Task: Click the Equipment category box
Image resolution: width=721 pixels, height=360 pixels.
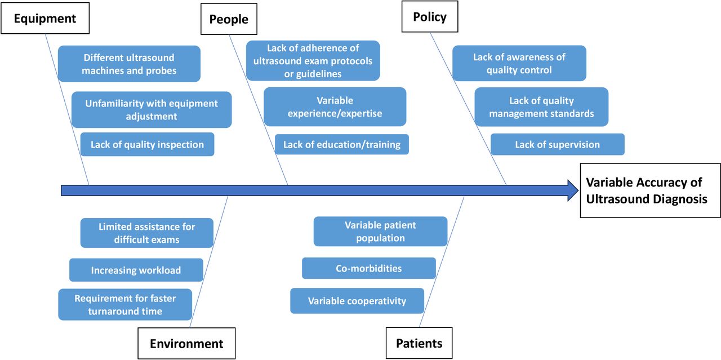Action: [44, 19]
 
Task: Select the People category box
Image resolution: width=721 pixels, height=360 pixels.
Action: [229, 19]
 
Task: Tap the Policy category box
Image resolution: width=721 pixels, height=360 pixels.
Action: [430, 16]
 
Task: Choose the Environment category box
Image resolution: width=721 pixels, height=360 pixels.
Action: [186, 343]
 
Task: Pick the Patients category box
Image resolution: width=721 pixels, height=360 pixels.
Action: [419, 343]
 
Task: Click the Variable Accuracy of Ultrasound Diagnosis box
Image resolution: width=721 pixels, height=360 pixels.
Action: [650, 190]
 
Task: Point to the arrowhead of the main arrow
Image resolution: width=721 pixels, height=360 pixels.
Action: [572, 190]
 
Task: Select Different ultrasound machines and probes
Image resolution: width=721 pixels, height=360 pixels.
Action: [129, 64]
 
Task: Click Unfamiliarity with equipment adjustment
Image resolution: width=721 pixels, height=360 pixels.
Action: [152, 109]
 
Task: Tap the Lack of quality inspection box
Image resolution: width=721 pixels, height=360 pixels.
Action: [147, 144]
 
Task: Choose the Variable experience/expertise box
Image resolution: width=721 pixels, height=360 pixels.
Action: [335, 106]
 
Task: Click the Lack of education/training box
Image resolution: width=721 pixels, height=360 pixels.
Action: [341, 144]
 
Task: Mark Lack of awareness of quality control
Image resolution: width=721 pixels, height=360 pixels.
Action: [519, 63]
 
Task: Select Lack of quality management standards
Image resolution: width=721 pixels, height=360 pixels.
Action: [541, 106]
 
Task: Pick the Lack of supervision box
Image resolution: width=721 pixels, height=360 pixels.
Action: [557, 144]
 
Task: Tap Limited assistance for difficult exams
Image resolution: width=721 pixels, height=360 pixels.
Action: [146, 233]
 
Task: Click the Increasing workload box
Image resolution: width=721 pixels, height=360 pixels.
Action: [136, 270]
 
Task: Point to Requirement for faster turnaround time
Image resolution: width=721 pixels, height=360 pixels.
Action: [125, 304]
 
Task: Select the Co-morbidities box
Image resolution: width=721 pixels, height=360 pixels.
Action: [368, 268]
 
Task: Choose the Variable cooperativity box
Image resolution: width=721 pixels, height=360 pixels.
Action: [357, 301]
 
